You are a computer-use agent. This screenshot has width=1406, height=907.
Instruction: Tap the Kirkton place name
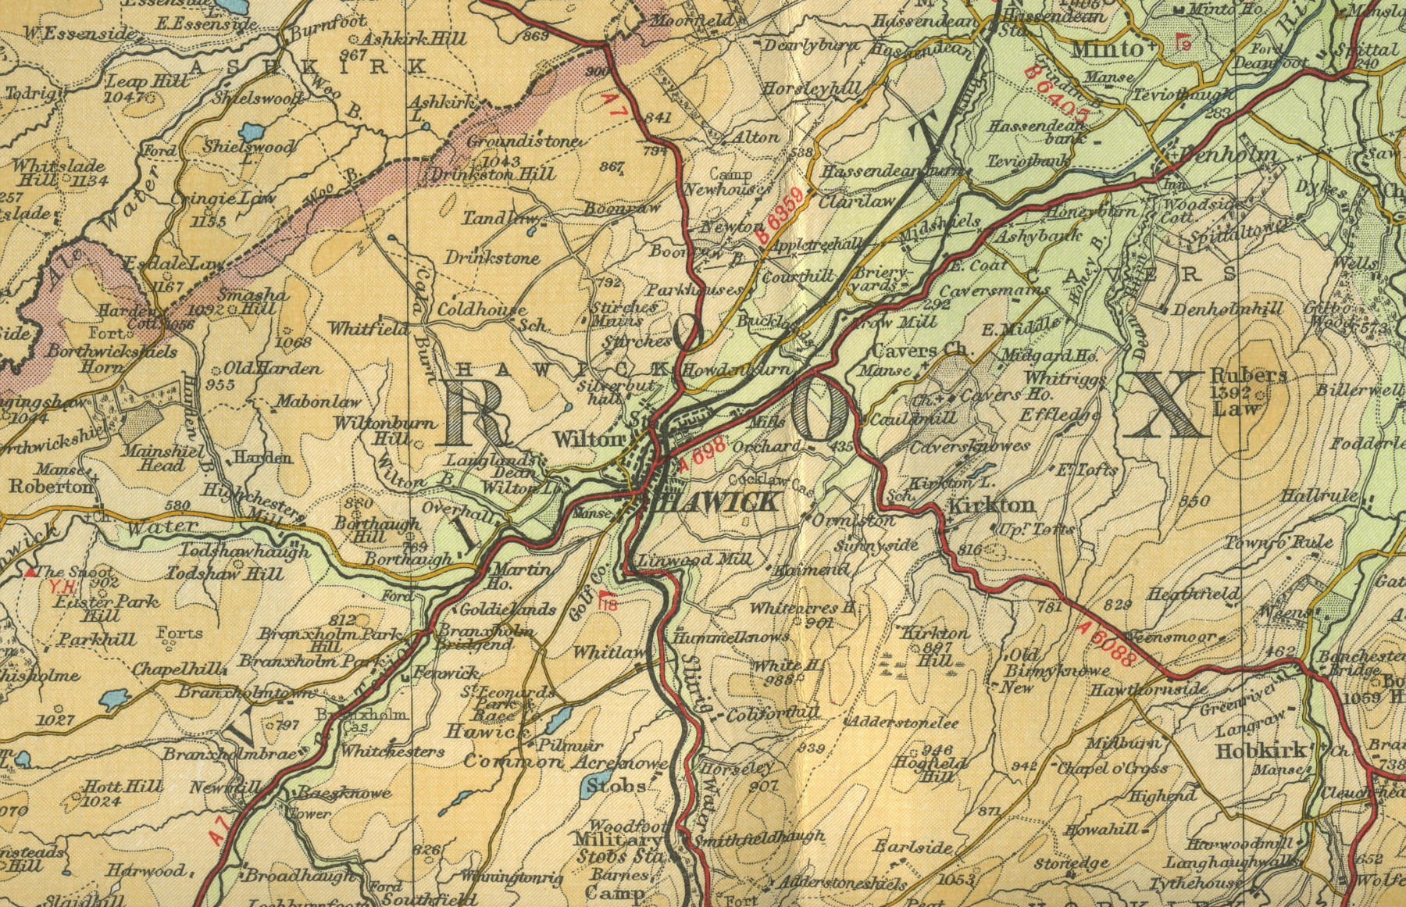pos(991,505)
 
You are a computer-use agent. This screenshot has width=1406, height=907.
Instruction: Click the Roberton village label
pos(51,486)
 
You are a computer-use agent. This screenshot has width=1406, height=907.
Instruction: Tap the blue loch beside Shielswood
pos(252,130)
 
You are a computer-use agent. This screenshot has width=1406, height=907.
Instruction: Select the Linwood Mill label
pos(694,560)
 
